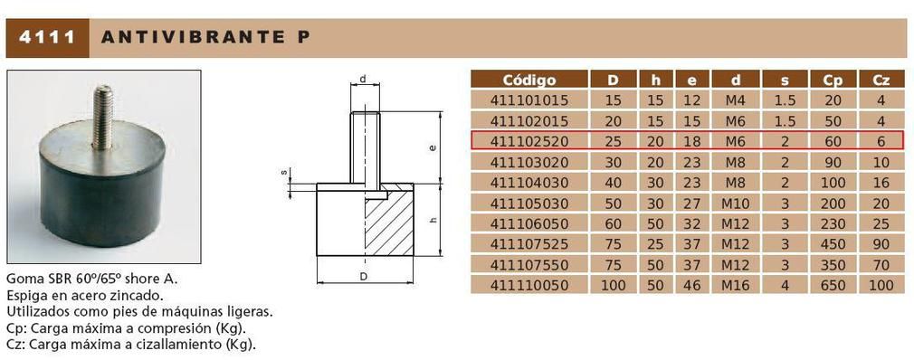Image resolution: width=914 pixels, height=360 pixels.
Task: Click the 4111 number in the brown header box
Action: pyautogui.click(x=47, y=38)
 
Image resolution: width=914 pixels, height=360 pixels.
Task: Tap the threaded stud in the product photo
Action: pyautogui.click(x=103, y=117)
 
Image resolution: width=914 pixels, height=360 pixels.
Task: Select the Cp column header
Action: pyautogui.click(x=833, y=81)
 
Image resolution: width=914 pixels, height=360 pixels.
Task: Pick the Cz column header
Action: pyautogui.click(x=881, y=81)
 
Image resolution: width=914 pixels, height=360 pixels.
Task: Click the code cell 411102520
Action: pyautogui.click(x=528, y=141)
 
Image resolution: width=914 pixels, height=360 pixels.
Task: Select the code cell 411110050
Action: pyautogui.click(x=528, y=285)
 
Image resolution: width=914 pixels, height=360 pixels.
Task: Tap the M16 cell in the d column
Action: pyautogui.click(x=737, y=285)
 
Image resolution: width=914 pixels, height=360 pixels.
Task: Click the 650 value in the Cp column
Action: pyautogui.click(x=833, y=285)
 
